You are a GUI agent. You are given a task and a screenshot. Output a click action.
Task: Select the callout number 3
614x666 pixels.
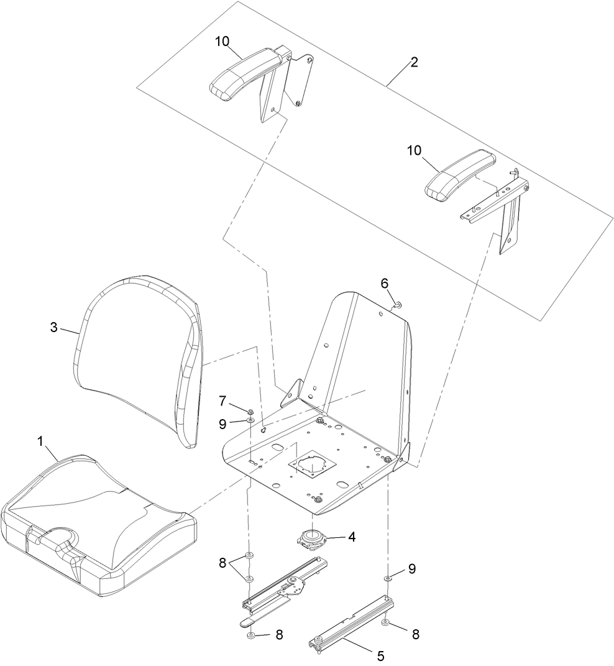click(x=54, y=326)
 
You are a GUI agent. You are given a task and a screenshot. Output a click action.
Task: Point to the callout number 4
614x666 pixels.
click(x=351, y=536)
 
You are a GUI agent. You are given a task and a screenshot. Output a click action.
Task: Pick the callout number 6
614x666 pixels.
click(x=385, y=283)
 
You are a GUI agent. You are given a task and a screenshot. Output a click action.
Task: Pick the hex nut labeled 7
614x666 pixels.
click(x=250, y=411)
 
